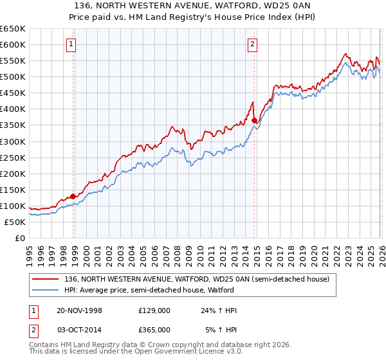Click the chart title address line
193,6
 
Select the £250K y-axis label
13,157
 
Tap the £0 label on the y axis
20,239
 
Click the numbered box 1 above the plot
70,44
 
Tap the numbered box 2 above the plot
252,44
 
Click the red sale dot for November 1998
73,196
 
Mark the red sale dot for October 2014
255,120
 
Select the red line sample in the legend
46,279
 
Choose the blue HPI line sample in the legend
46,290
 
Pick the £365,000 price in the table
154,329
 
